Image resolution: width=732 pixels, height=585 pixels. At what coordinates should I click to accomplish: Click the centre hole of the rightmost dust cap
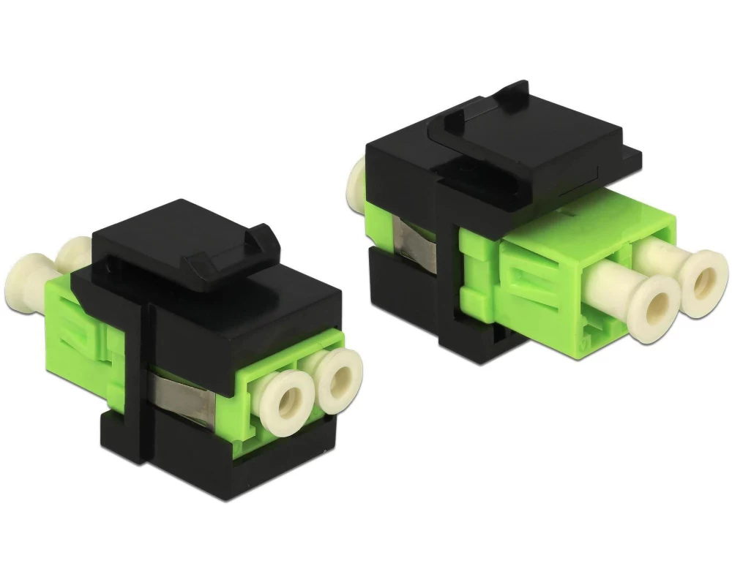(706, 276)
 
